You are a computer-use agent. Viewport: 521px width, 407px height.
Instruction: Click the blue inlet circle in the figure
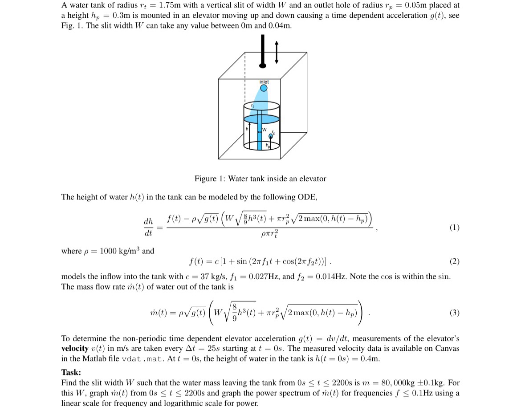click(x=264, y=88)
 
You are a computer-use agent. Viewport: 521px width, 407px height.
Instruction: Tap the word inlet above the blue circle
click(x=264, y=81)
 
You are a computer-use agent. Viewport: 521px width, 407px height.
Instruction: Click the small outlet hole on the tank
click(x=270, y=137)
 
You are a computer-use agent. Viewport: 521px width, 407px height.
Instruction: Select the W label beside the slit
click(x=264, y=130)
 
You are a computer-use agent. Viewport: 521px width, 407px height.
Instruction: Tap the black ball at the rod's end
click(x=263, y=65)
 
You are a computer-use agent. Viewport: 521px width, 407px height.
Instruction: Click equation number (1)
click(x=454, y=227)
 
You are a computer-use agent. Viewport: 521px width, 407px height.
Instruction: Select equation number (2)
click(x=454, y=261)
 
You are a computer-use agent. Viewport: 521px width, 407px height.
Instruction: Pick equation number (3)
click(x=454, y=312)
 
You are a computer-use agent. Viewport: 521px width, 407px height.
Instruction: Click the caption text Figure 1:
click(x=210, y=179)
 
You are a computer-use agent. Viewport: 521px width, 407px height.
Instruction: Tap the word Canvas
click(x=447, y=348)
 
